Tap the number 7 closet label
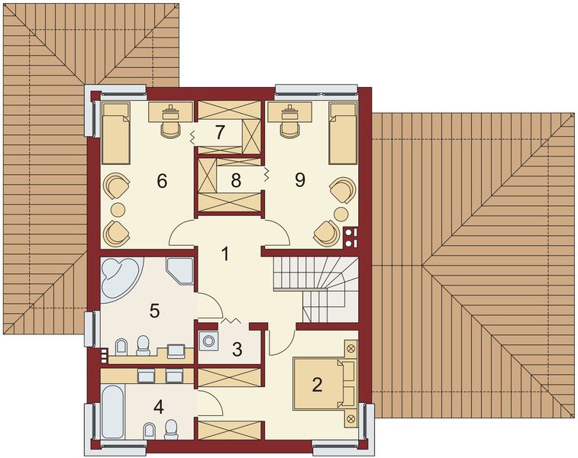coord(220,131)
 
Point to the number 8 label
coord(236,180)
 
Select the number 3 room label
coord(237,350)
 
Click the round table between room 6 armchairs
coord(117,208)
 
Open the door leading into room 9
coord(277,231)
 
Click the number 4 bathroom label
coord(158,406)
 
